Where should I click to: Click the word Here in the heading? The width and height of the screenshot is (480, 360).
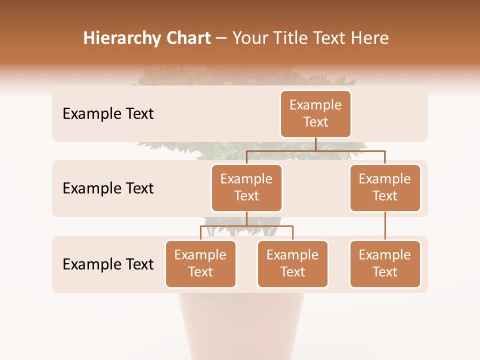(x=370, y=38)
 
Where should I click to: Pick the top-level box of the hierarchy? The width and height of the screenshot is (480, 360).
(x=315, y=114)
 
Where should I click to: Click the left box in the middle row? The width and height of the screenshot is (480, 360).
(x=246, y=187)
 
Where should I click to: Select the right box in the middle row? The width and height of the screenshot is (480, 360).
(x=385, y=187)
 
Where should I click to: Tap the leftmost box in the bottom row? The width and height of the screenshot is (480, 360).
(x=200, y=263)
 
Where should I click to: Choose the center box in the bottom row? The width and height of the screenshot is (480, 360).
(x=292, y=263)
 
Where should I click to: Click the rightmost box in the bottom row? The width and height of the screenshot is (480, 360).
(x=385, y=263)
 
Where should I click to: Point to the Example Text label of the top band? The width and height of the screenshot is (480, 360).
(x=108, y=114)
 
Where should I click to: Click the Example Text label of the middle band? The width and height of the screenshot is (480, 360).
(x=108, y=188)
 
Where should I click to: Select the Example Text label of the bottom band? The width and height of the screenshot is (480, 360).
(x=108, y=264)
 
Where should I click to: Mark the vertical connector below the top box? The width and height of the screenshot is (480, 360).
(x=315, y=144)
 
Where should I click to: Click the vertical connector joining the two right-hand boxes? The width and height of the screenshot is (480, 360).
(x=385, y=226)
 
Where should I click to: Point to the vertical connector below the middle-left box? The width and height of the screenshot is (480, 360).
(x=246, y=218)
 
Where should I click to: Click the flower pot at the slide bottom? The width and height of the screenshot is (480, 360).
(x=240, y=325)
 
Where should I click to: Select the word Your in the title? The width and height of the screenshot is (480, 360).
(x=248, y=38)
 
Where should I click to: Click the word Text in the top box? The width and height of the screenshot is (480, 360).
(x=315, y=122)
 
